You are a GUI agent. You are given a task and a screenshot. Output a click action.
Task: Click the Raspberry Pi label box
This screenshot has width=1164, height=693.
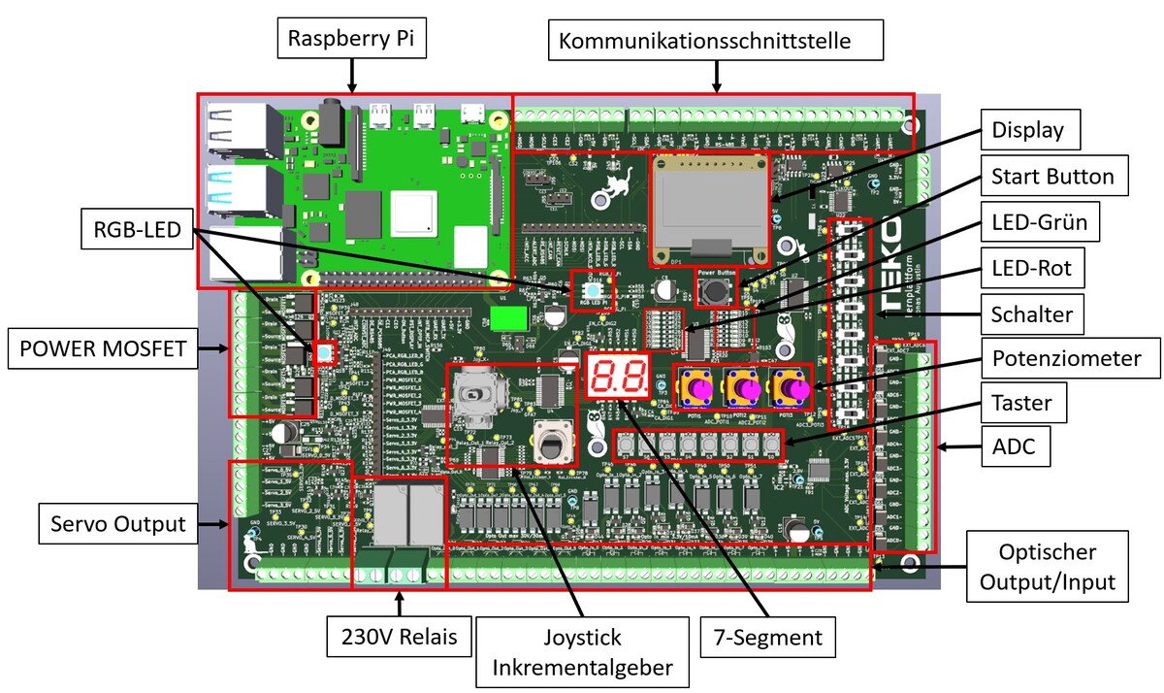[352, 40]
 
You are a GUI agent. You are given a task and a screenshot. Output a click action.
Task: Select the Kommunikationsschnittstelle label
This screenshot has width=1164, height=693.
[718, 42]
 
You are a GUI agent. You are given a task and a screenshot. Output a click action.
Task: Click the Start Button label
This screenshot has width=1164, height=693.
[1051, 177]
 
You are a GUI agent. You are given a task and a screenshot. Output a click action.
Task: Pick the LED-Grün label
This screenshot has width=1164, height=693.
[1039, 223]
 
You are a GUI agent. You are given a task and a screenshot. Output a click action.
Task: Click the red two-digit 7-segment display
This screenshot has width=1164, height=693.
[619, 375]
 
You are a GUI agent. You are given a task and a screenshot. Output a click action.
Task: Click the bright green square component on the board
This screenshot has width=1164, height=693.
[505, 319]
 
